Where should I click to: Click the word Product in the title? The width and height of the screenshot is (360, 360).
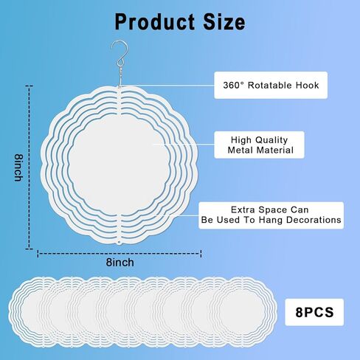pyautogui.click(x=155, y=22)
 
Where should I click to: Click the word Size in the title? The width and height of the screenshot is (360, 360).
pyautogui.click(x=224, y=22)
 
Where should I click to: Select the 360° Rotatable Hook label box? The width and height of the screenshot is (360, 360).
pyautogui.click(x=271, y=85)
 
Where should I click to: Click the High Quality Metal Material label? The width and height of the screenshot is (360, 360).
pyautogui.click(x=259, y=145)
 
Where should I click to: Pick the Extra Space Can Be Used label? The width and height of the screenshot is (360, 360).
pyautogui.click(x=271, y=215)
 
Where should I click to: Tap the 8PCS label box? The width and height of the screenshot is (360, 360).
pyautogui.click(x=314, y=312)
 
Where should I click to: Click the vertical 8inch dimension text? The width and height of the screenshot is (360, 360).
pyautogui.click(x=18, y=167)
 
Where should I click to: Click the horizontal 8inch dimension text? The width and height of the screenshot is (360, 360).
pyautogui.click(x=120, y=263)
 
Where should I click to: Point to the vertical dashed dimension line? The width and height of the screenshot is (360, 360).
pyautogui.click(x=30, y=167)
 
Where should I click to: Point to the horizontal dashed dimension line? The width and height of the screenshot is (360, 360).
pyautogui.click(x=120, y=254)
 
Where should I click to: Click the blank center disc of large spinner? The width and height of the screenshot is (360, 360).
pyautogui.click(x=119, y=165)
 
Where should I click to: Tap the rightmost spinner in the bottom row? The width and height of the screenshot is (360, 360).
pyautogui.click(x=243, y=312)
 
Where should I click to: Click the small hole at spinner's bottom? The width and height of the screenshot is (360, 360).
pyautogui.click(x=120, y=243)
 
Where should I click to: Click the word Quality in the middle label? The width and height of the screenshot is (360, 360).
pyautogui.click(x=271, y=140)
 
